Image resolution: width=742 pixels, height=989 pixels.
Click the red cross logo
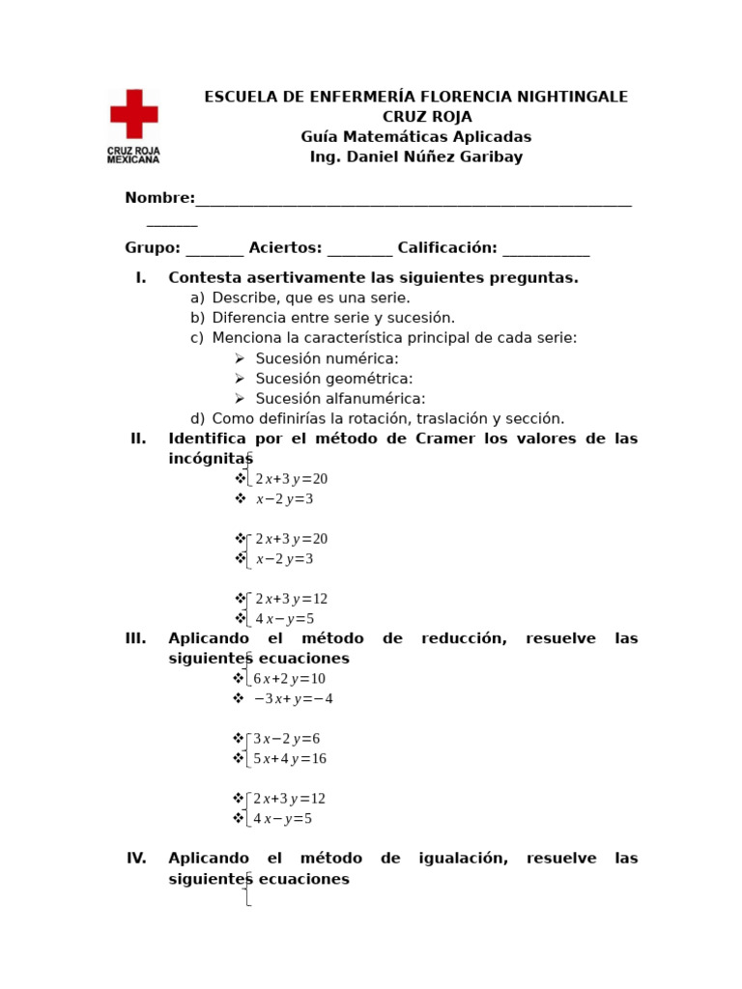click(x=133, y=114)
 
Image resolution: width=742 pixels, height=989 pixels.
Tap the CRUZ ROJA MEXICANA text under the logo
click(x=133, y=155)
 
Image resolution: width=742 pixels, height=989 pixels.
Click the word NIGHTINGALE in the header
click(x=572, y=97)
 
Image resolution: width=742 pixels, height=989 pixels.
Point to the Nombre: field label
click(x=159, y=198)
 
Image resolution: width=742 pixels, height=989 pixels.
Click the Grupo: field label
click(x=153, y=248)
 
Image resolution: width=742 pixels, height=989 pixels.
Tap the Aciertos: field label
click(x=285, y=248)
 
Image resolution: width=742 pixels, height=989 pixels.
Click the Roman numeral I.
click(x=141, y=278)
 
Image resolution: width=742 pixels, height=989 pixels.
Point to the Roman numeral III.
click(x=135, y=638)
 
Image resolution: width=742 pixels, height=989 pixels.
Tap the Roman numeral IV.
click(x=136, y=858)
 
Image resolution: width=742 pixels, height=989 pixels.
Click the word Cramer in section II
click(x=444, y=438)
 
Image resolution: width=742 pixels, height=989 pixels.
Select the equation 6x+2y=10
click(x=289, y=679)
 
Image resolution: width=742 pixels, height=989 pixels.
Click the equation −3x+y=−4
click(x=293, y=699)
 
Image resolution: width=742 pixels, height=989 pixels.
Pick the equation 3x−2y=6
click(x=286, y=739)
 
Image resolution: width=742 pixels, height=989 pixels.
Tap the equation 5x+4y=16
click(x=290, y=759)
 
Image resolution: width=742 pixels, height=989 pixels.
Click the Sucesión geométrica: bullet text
click(x=333, y=379)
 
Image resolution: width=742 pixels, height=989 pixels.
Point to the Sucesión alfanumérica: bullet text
click(x=340, y=399)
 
